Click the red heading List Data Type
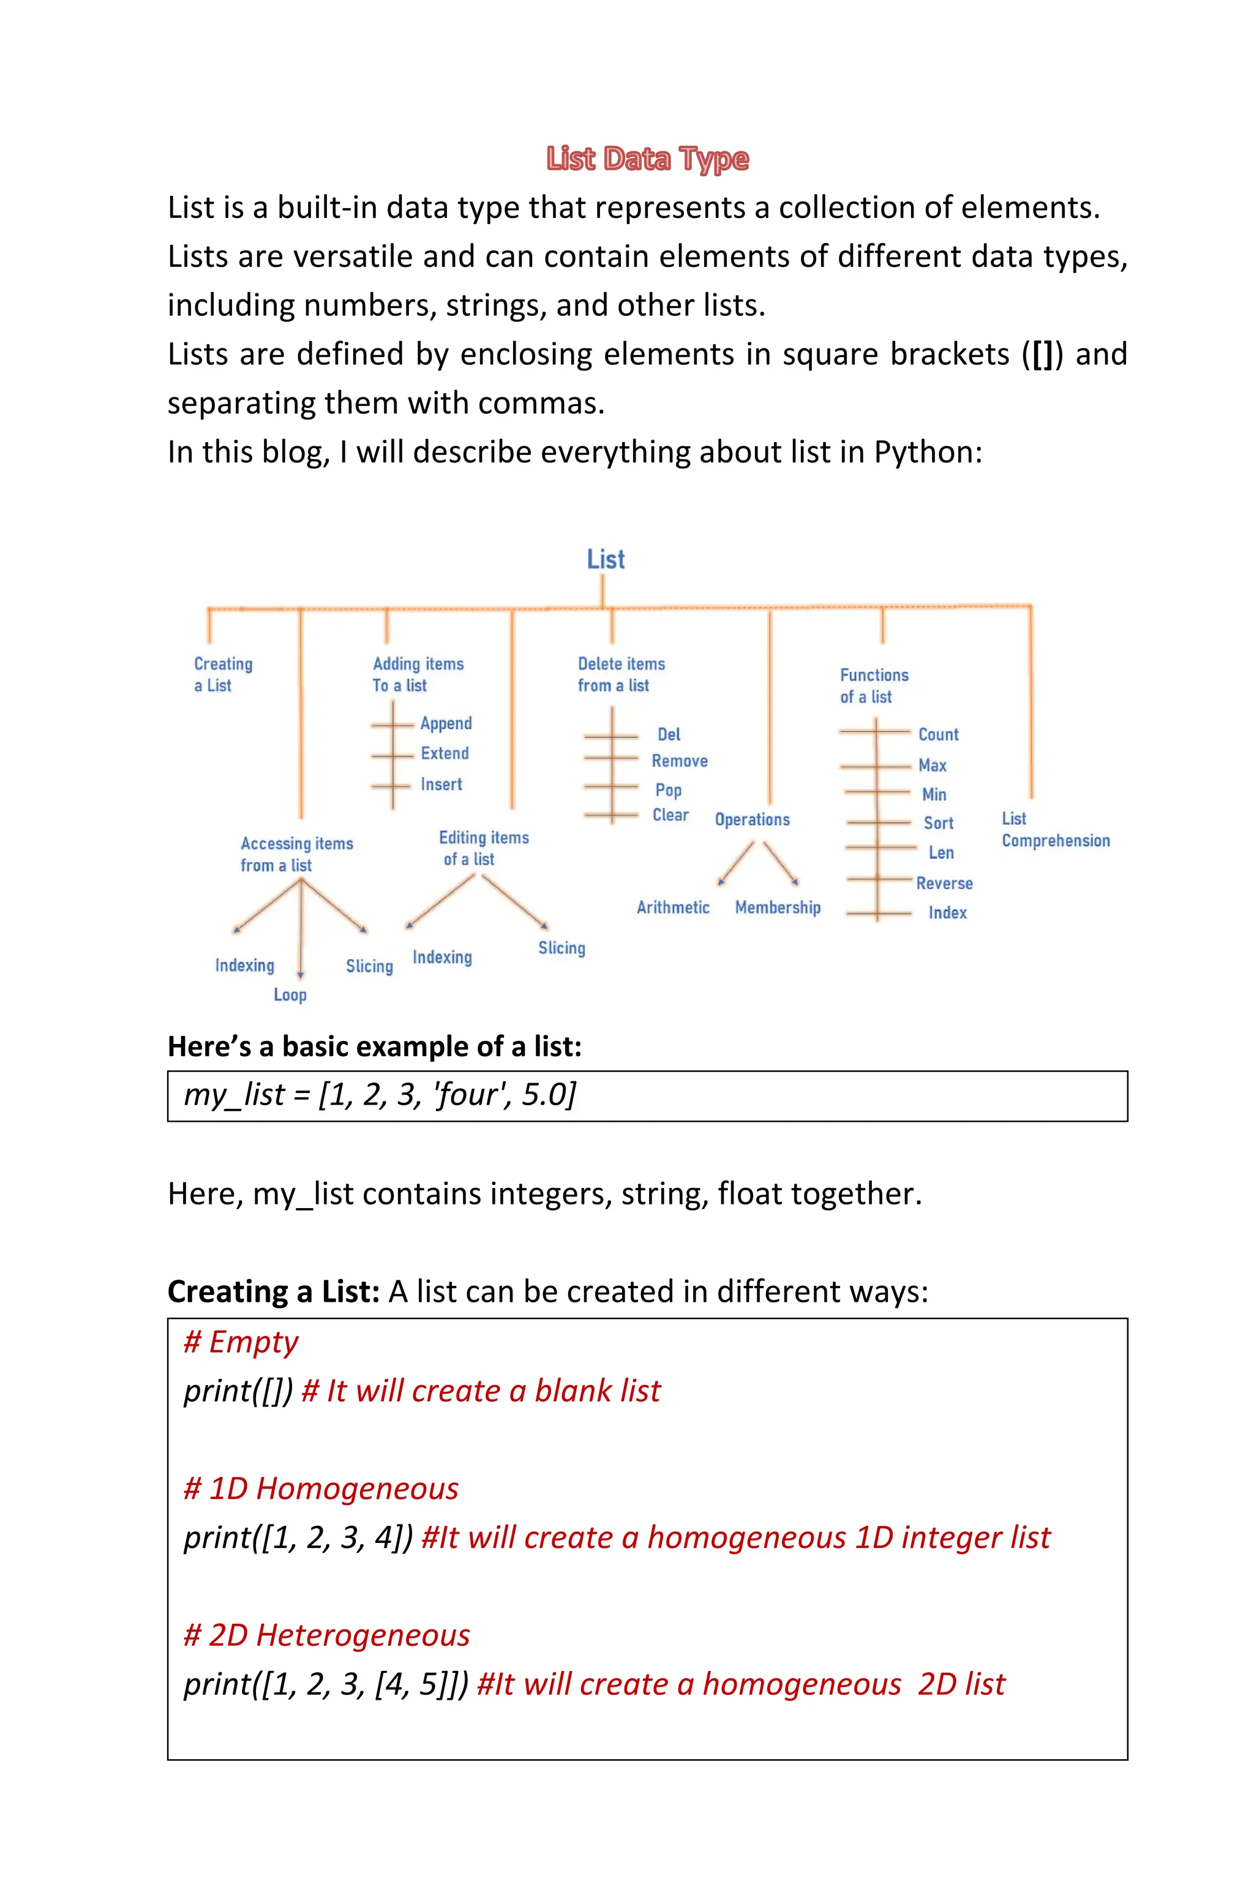647,159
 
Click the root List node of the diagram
606,560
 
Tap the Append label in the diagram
446,724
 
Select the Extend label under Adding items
445,753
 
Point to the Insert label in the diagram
441,784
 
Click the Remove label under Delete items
679,761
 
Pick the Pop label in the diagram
669,790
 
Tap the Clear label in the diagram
670,815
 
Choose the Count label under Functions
938,734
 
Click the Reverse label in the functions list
945,884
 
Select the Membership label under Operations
778,907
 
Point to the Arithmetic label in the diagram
672,907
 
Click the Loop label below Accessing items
290,995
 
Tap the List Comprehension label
1055,830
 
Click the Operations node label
752,820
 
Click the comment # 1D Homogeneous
321,1489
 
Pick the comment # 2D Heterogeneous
326,1635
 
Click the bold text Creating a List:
272,1291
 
